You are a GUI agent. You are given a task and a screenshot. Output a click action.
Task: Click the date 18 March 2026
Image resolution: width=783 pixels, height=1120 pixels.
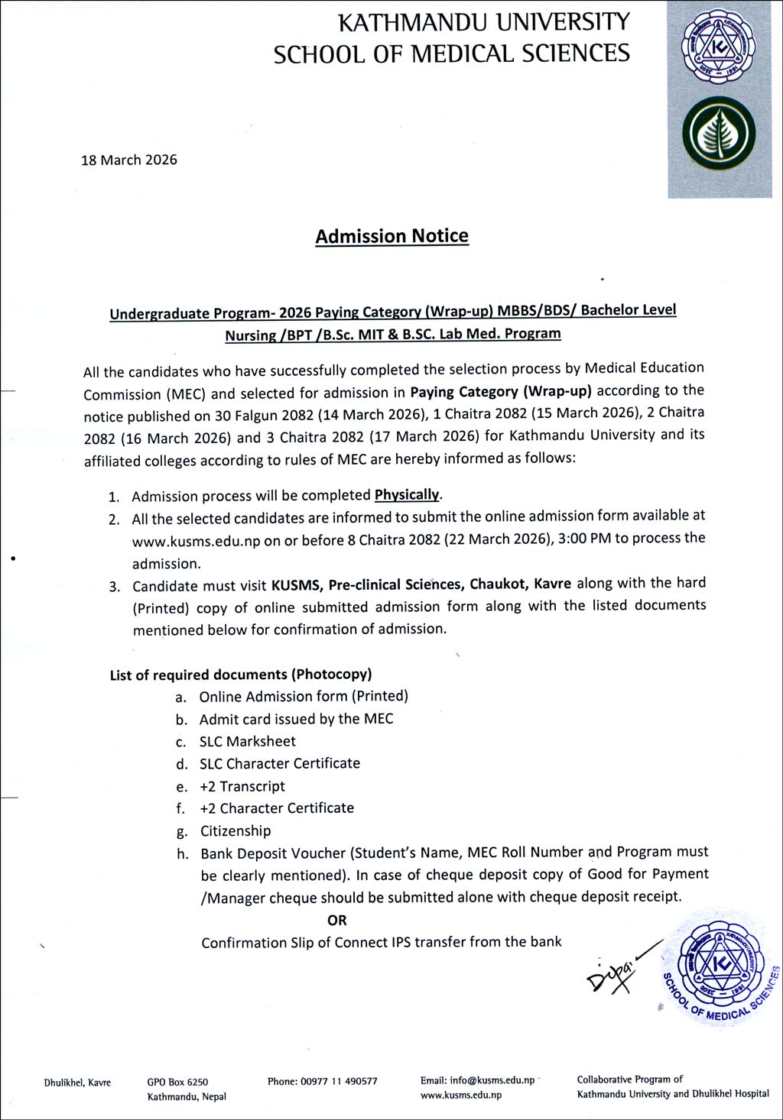click(129, 160)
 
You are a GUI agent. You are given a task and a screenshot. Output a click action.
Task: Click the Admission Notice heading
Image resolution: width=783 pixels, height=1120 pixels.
click(391, 236)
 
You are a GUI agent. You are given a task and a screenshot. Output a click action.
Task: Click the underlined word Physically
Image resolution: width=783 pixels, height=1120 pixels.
click(407, 494)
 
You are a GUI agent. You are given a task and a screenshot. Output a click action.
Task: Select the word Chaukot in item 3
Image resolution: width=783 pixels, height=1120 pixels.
click(499, 584)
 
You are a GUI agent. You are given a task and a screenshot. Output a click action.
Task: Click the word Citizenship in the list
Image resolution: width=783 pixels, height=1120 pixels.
click(236, 830)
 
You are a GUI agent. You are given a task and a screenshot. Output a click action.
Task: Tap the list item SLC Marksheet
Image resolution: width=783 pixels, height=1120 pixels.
click(247, 741)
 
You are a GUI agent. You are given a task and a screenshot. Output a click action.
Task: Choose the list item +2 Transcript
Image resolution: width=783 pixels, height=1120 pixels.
click(242, 786)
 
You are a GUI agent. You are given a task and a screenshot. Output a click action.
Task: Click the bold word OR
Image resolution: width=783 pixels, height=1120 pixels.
click(336, 920)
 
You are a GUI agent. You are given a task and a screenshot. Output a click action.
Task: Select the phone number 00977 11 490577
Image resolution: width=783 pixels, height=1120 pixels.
click(339, 1081)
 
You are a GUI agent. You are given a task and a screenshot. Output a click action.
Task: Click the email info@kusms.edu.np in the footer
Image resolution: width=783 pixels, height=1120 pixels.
click(492, 1080)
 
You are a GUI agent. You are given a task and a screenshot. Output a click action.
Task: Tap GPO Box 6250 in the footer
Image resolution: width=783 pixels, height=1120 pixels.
click(177, 1082)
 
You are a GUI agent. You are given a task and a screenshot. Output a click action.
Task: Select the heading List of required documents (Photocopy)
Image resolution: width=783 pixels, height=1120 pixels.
click(241, 675)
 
